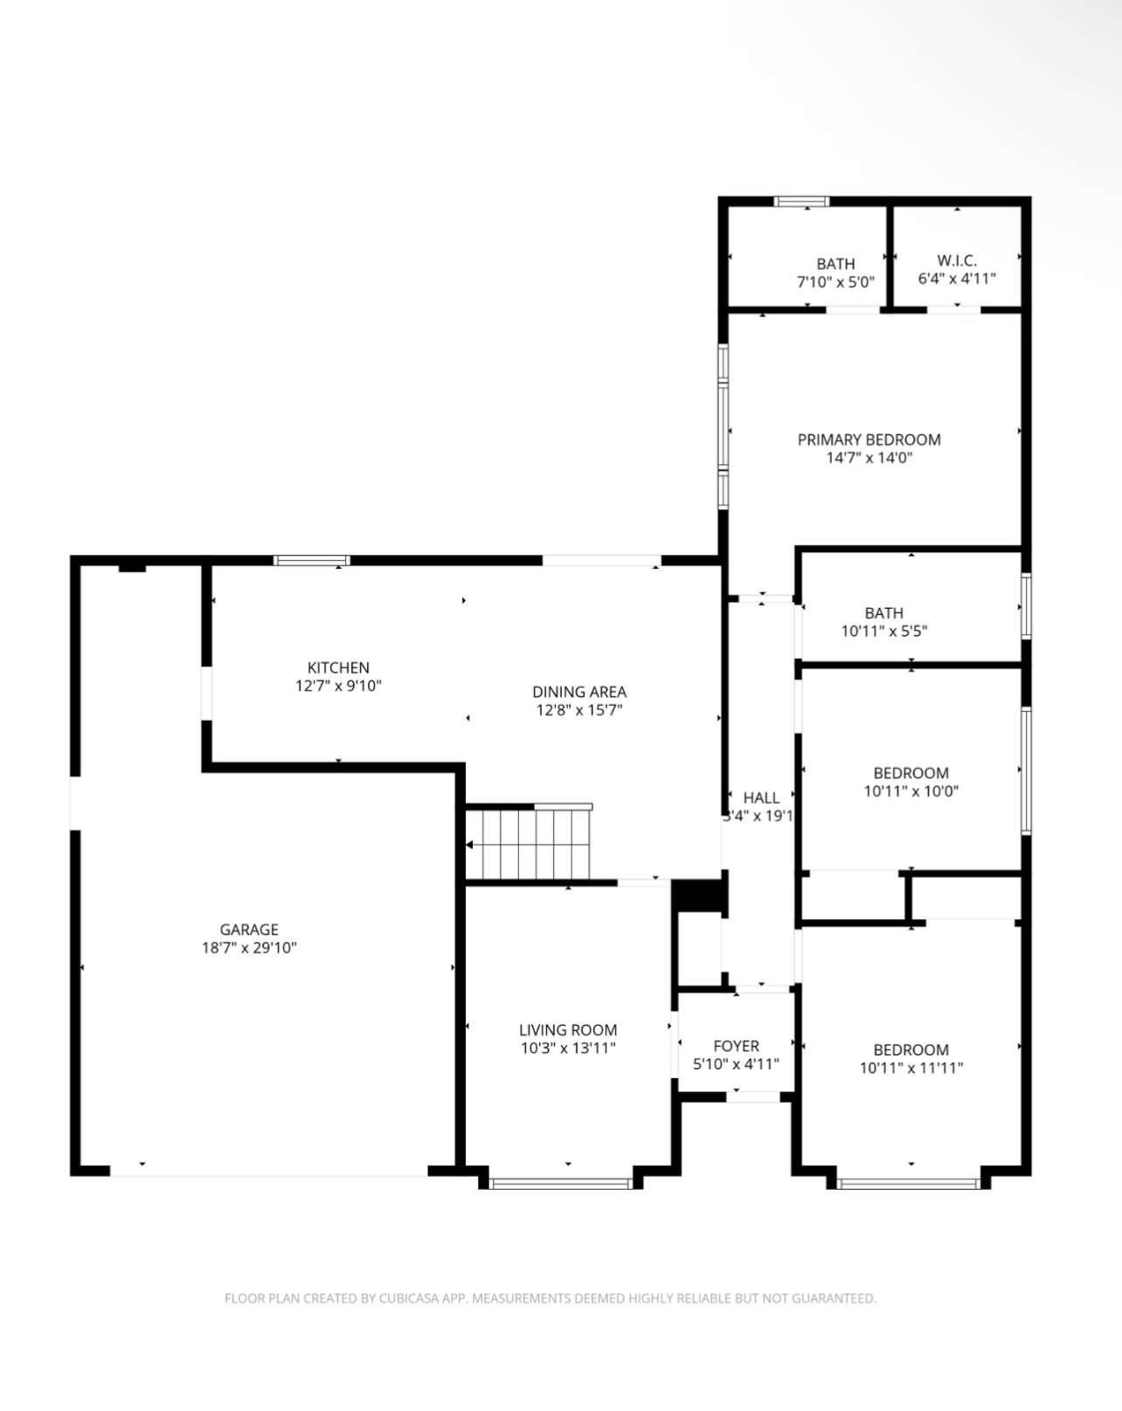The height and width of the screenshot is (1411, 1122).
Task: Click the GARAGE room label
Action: (x=249, y=929)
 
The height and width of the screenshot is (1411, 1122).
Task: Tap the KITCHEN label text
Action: (x=338, y=667)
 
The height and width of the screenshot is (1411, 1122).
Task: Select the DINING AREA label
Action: (x=579, y=692)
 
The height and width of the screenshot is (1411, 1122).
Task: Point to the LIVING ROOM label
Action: (x=568, y=1030)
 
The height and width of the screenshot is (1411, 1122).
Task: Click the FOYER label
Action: (x=737, y=1046)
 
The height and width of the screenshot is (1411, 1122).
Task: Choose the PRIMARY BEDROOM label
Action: (x=869, y=439)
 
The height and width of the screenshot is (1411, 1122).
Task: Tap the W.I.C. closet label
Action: (x=957, y=260)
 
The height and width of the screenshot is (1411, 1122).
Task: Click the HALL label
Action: (x=761, y=798)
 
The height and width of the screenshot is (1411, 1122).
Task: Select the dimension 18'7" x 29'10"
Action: (x=249, y=947)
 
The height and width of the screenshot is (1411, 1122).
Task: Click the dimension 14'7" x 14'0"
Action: (x=869, y=458)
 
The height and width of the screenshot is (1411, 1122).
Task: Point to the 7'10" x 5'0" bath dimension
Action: (x=835, y=282)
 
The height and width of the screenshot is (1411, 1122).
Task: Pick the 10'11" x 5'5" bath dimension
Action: (x=884, y=631)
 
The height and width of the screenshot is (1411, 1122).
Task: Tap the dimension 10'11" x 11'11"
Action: (x=911, y=1068)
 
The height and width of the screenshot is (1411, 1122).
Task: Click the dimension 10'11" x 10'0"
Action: (x=911, y=791)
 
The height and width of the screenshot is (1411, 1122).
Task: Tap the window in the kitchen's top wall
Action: (x=311, y=561)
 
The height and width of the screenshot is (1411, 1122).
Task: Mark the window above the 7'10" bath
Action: (x=801, y=201)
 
